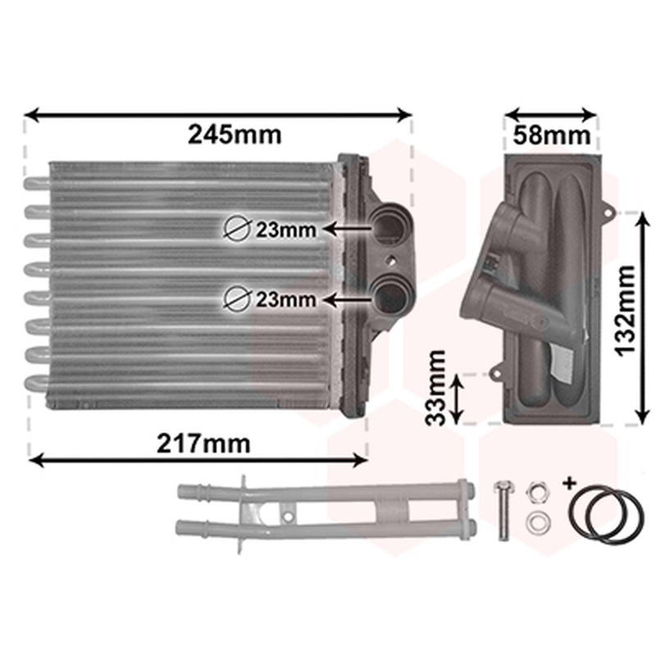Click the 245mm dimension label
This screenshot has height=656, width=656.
235,134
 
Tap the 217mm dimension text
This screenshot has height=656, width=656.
203,444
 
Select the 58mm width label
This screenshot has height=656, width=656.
552,134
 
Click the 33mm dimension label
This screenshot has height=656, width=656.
435,387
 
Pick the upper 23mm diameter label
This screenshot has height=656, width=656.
285,230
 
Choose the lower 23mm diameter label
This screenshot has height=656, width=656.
285,299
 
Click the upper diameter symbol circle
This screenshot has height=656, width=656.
237,229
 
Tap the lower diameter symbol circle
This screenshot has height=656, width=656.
237,298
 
